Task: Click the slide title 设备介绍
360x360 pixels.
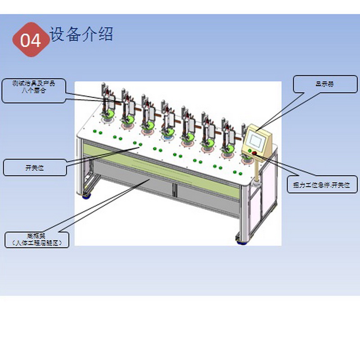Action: [81, 34]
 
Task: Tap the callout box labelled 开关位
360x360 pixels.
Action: [35, 168]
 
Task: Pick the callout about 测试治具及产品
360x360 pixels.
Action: [34, 90]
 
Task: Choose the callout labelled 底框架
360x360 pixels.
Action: [37, 239]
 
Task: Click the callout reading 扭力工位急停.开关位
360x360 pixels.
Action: [322, 185]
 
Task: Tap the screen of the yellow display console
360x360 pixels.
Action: [257, 139]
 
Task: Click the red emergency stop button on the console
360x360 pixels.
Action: [255, 153]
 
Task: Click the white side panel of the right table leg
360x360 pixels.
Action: [270, 189]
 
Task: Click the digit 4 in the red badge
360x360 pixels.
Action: [36, 40]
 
